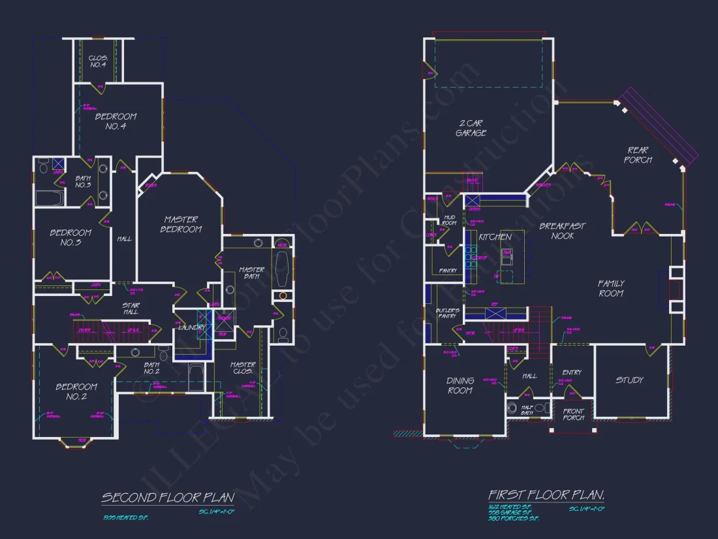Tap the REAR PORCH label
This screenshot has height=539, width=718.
pos(638,155)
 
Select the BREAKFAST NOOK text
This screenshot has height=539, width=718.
pos(562,231)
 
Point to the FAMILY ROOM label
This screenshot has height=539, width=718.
pos(611,288)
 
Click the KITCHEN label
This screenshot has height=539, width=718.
pos(495,237)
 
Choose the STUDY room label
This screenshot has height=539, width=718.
pos(629,380)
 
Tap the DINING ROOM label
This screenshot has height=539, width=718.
pos(460,385)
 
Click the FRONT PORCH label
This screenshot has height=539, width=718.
pos(573,414)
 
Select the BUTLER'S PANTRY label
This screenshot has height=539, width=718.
pos(448,313)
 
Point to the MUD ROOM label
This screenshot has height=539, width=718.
pos(449,220)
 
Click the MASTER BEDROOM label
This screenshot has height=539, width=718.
pos(181,224)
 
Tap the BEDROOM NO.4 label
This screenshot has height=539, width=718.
pos(116,121)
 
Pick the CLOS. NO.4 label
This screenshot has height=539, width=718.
pos(97,61)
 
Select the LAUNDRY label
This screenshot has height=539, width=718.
pos(192,327)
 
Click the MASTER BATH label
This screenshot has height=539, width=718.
pos(251,274)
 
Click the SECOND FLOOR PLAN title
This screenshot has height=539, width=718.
pos(168,498)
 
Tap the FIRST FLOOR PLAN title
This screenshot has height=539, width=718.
pos(546,495)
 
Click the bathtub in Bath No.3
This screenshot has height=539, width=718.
pos(49,198)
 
